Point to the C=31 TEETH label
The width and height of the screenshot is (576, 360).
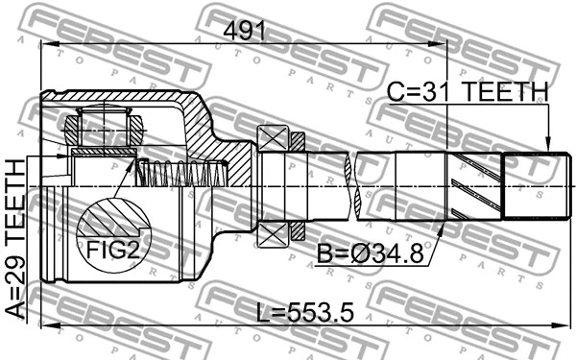pos(467,92)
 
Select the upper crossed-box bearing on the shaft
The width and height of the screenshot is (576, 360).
pos(272,138)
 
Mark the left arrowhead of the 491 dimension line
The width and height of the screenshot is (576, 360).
pos(46,41)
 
